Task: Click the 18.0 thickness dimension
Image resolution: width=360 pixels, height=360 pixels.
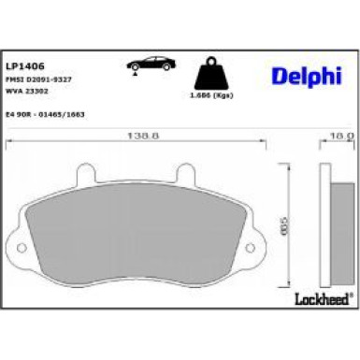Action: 340,136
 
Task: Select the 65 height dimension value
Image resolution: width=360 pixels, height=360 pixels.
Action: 284,225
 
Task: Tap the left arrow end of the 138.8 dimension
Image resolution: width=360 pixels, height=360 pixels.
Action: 9,142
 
